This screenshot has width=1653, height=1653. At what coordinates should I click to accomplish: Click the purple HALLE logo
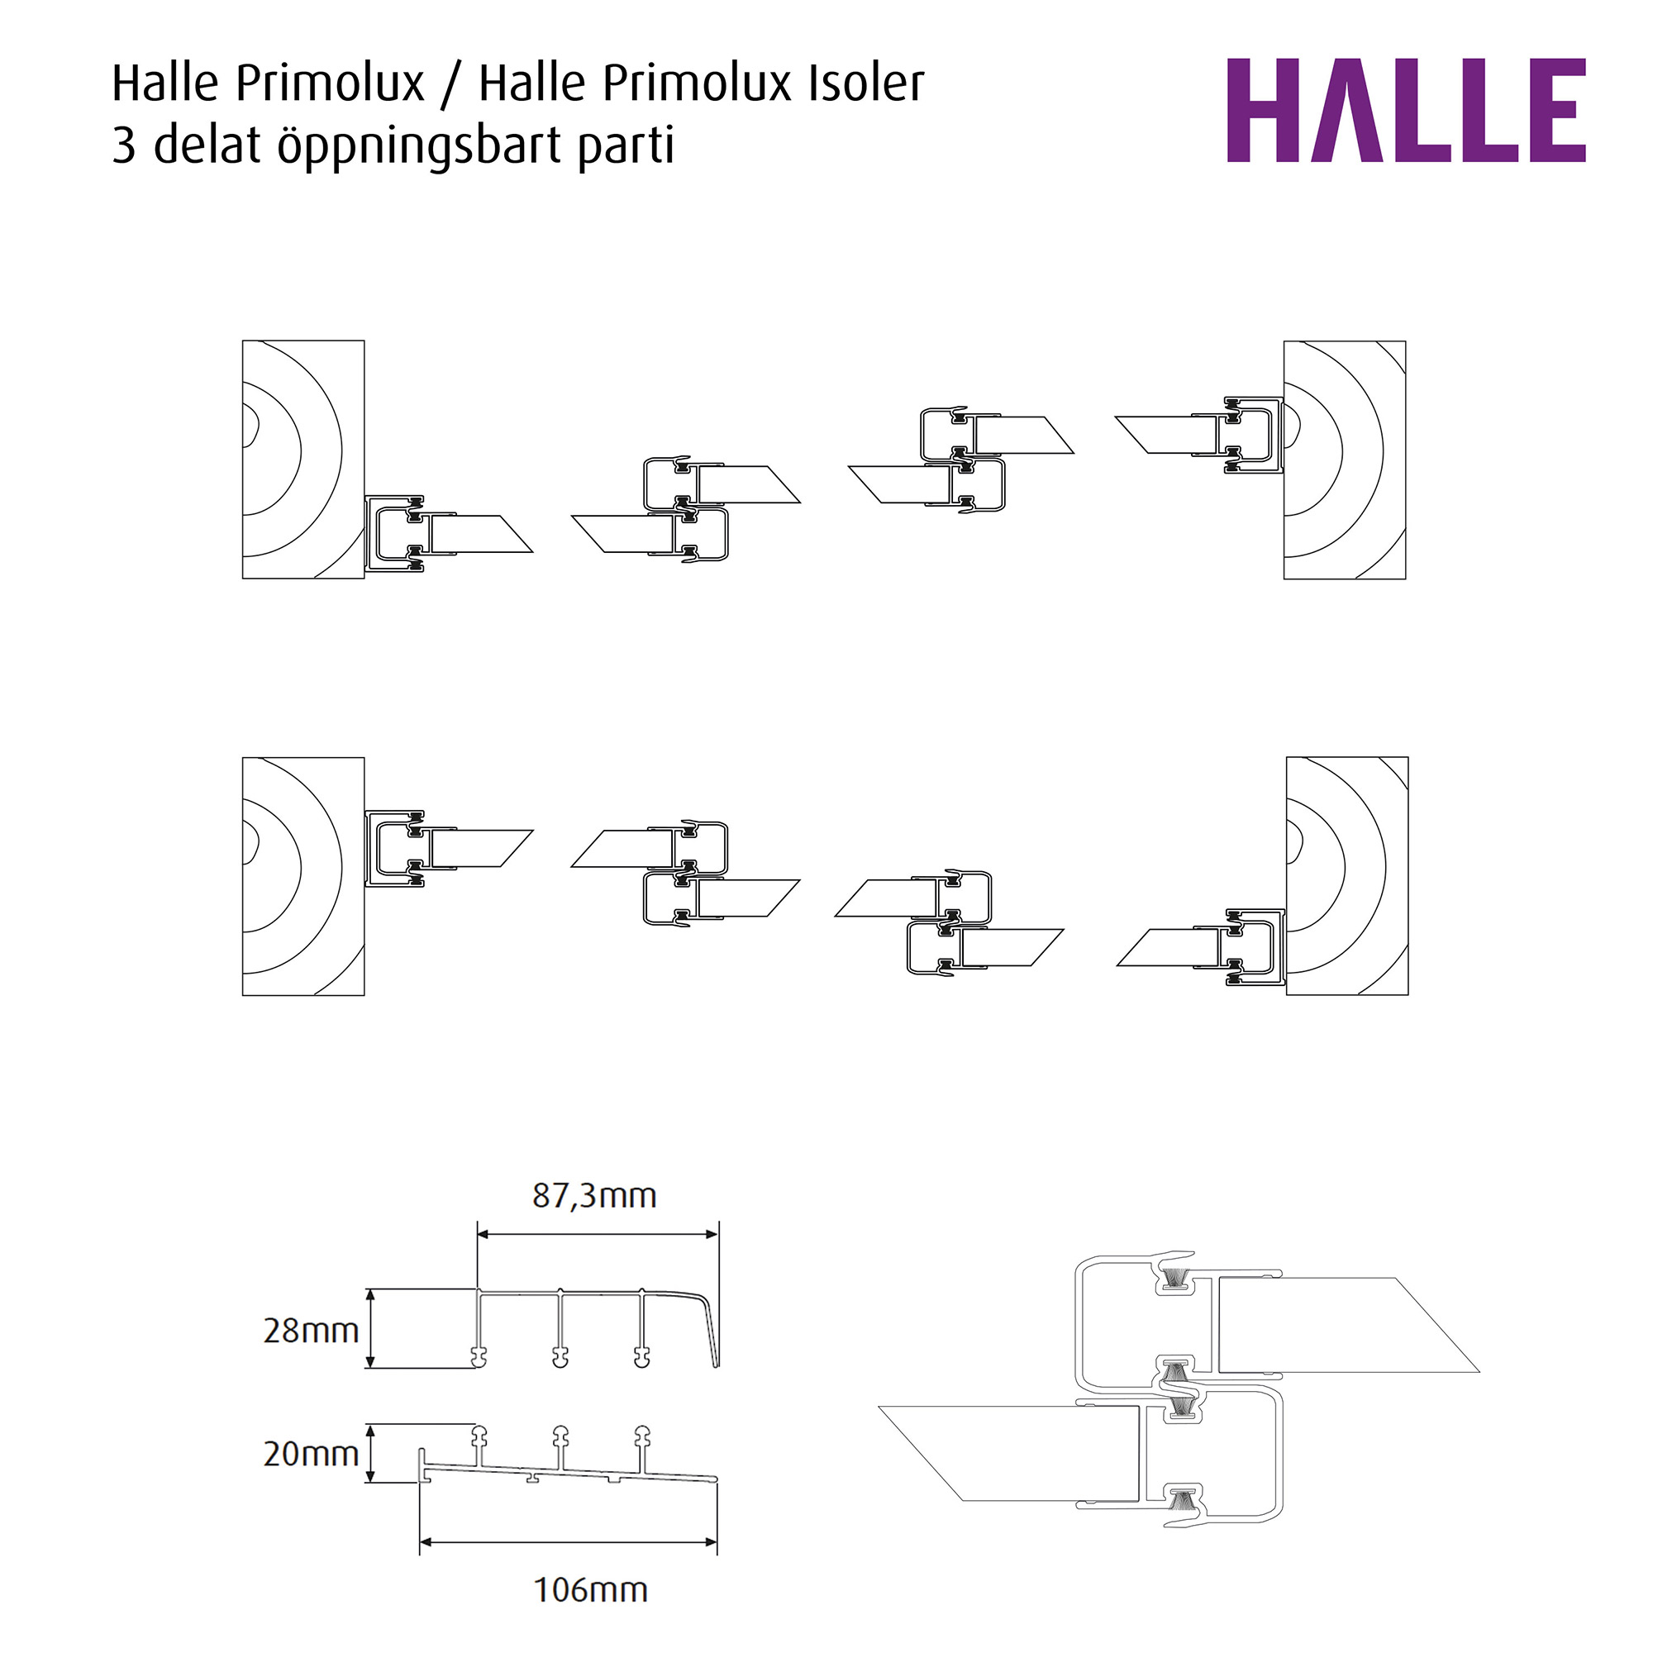point(1405,111)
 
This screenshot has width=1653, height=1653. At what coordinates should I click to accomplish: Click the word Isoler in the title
point(866,83)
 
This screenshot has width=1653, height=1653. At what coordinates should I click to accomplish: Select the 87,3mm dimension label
point(593,1195)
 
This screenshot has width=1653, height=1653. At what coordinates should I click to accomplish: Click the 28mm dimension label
point(311,1331)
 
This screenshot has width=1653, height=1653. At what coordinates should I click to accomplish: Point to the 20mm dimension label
point(311,1454)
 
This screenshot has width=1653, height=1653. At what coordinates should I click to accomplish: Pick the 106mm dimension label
point(590,1590)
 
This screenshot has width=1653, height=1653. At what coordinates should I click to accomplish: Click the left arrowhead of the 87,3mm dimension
point(483,1235)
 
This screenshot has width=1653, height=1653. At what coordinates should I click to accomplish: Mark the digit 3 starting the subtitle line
point(124,146)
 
